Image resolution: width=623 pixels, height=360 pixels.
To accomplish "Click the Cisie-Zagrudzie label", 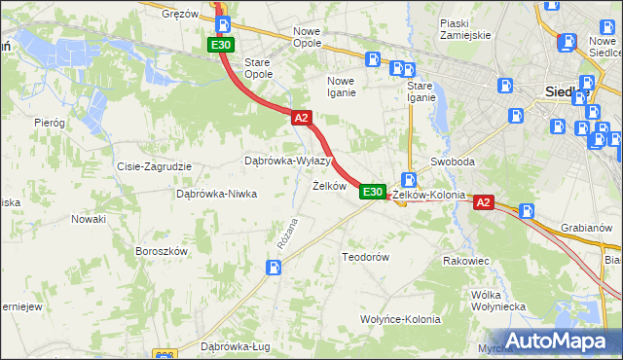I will click(153, 166).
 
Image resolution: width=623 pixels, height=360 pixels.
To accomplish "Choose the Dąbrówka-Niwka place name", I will click(215, 194).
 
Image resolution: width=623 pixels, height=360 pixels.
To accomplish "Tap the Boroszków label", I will click(161, 251).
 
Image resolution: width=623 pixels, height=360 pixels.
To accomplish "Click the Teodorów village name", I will click(365, 257).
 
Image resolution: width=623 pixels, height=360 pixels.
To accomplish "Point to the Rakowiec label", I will click(465, 261).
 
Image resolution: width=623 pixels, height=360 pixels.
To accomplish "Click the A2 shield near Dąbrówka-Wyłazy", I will click(301, 118).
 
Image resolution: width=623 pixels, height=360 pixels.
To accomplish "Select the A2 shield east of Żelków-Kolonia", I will click(485, 202).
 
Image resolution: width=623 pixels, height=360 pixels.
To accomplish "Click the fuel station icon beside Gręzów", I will click(224, 25).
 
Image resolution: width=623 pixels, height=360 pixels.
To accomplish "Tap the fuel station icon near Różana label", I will click(275, 268).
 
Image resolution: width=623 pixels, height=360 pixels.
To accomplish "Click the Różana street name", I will click(286, 234).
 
